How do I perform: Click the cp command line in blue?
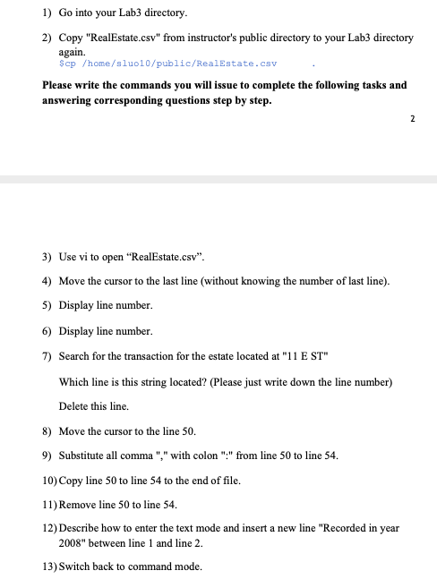point(167,64)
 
